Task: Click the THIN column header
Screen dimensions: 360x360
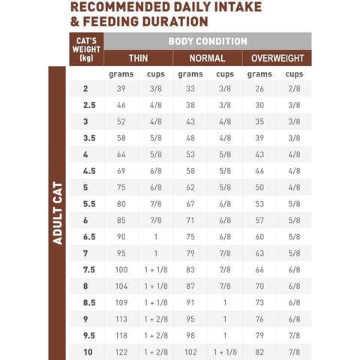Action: pyautogui.click(x=139, y=58)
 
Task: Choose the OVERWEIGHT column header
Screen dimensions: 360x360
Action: pyautogui.click(x=277, y=58)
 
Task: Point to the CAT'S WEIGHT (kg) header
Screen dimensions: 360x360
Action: pyautogui.click(x=85, y=49)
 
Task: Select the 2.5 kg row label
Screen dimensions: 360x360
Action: pyautogui.click(x=85, y=106)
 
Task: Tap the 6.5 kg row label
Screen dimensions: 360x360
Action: pyautogui.click(x=85, y=236)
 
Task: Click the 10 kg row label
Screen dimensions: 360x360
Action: pyautogui.click(x=85, y=350)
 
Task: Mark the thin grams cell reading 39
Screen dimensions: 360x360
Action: pyautogui.click(x=121, y=89)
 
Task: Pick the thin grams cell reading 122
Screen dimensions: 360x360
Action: pyautogui.click(x=121, y=350)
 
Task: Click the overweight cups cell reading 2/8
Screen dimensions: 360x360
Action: pyautogui.click(x=295, y=89)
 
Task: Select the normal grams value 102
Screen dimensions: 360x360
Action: pyautogui.click(x=190, y=350)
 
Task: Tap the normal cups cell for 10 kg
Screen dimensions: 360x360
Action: pyautogui.click(x=224, y=350)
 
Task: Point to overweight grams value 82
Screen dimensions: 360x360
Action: pyautogui.click(x=259, y=350)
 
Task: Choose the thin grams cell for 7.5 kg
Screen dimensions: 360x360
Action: pyautogui.click(x=121, y=269)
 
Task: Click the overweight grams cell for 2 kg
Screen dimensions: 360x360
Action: pyautogui.click(x=259, y=89)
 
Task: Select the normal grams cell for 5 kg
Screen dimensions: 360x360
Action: pyautogui.click(x=190, y=187)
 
